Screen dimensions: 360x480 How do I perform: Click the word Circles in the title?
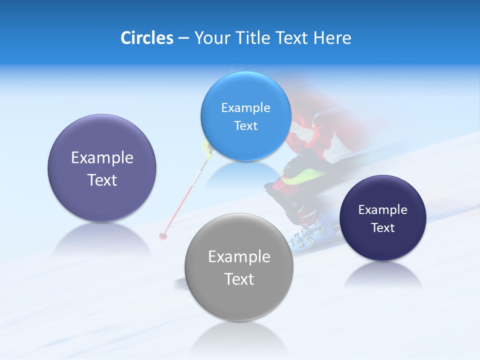(146, 38)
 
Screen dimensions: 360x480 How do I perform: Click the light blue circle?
(245, 116)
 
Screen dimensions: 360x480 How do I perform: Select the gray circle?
(239, 267)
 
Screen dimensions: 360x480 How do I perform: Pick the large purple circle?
(102, 168)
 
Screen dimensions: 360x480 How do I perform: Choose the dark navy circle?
(382, 218)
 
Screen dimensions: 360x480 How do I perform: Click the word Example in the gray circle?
(239, 257)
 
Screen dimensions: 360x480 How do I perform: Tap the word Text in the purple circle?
(102, 180)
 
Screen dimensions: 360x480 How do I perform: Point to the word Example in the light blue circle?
(245, 107)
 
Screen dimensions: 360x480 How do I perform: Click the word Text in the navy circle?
(382, 228)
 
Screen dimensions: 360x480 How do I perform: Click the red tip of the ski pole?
(162, 235)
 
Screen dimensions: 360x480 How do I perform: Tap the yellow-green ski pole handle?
(206, 147)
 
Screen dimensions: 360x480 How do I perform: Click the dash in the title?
(183, 38)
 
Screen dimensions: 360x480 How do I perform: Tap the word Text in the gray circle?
(239, 279)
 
